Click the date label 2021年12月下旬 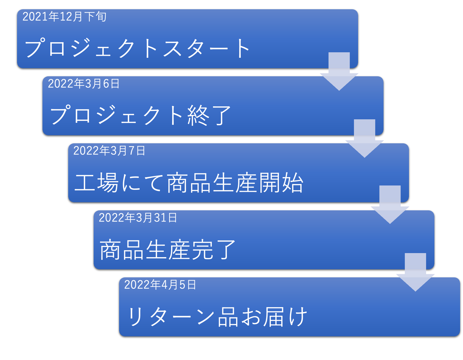coord(64,17)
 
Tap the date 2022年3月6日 coord(84,84)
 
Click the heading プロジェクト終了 coord(140,115)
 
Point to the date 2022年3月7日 coord(109,151)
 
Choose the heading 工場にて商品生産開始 coord(189,183)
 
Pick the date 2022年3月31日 coord(138,218)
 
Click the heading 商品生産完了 coord(167,250)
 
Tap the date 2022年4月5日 coord(160,285)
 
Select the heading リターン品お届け coord(217,317)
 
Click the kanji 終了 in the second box coord(209,115)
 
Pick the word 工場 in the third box coord(97,183)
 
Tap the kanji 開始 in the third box coord(281,183)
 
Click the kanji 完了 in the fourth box coord(213,250)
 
